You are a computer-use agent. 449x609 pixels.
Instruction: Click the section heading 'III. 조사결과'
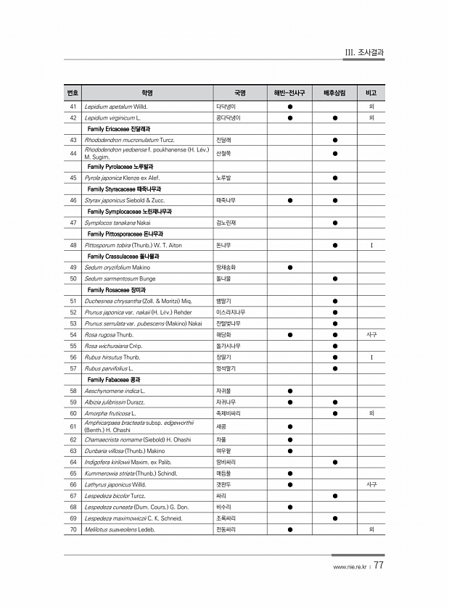tap(363, 52)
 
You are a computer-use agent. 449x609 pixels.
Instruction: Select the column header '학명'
tap(147, 94)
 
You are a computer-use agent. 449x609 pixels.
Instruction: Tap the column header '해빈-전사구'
tap(289, 94)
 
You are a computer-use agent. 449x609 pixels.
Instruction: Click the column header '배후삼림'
tap(334, 94)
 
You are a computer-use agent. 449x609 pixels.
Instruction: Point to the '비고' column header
tap(371, 94)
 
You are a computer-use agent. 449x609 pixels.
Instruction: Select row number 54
tap(73, 335)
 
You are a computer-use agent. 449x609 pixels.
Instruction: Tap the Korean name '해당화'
tap(224, 335)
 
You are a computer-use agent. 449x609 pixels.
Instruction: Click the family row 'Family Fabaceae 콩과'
tap(114, 379)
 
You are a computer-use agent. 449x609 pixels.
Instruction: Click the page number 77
tap(379, 566)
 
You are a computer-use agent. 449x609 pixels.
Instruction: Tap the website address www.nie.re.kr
tap(349, 568)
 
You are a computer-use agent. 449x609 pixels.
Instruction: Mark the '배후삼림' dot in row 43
tap(334, 139)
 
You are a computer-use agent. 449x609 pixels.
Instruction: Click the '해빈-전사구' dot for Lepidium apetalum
tap(289, 106)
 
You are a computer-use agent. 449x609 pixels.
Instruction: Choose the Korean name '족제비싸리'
tap(229, 413)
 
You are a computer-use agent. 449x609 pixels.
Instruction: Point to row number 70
tap(73, 529)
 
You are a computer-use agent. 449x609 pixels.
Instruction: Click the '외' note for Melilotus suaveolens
tap(371, 529)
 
